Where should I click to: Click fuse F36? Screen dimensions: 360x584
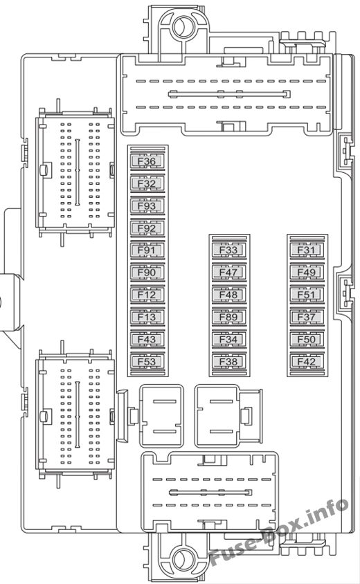point(147,161)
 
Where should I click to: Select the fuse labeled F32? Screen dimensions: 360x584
point(147,183)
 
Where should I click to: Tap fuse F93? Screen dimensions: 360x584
point(147,206)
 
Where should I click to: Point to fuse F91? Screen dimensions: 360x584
point(147,250)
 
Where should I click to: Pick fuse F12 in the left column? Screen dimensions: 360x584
point(147,295)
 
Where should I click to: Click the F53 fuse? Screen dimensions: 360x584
point(147,362)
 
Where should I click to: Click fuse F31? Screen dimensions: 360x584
point(307,250)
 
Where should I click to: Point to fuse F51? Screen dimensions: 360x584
point(307,295)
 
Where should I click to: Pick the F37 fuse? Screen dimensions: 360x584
point(307,318)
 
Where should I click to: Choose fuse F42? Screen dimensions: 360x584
point(307,362)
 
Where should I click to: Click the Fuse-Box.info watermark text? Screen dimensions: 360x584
point(279,532)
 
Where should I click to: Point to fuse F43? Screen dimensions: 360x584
point(147,340)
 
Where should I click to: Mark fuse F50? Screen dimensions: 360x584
point(307,340)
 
